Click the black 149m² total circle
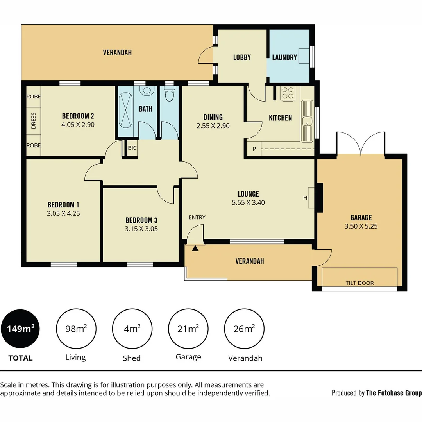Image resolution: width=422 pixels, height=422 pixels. tap(20, 329)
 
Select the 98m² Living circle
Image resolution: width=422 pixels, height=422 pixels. tap(76, 329)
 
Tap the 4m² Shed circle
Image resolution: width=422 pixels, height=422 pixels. tap(132, 329)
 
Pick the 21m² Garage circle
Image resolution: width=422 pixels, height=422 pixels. tap(188, 329)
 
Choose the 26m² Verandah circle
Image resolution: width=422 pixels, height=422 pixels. tap(244, 329)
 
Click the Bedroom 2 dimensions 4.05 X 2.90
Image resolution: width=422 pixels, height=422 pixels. tap(78, 125)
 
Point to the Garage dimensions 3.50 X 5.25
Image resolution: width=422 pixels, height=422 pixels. tap(361, 226)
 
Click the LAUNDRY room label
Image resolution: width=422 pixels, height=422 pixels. tap(284, 57)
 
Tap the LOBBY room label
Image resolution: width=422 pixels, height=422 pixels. tap(242, 57)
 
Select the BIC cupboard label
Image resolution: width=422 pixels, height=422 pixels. tap(132, 148)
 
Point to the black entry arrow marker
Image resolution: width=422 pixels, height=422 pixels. tap(195, 248)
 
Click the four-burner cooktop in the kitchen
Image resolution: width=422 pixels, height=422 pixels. tap(288, 93)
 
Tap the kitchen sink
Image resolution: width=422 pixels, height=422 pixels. tap(308, 121)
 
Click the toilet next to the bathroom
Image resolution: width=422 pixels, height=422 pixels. tap(169, 94)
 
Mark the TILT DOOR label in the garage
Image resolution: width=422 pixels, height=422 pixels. tap(359, 283)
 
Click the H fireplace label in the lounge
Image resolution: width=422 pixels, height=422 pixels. tap(306, 198)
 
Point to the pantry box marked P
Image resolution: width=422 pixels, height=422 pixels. tap(254, 149)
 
